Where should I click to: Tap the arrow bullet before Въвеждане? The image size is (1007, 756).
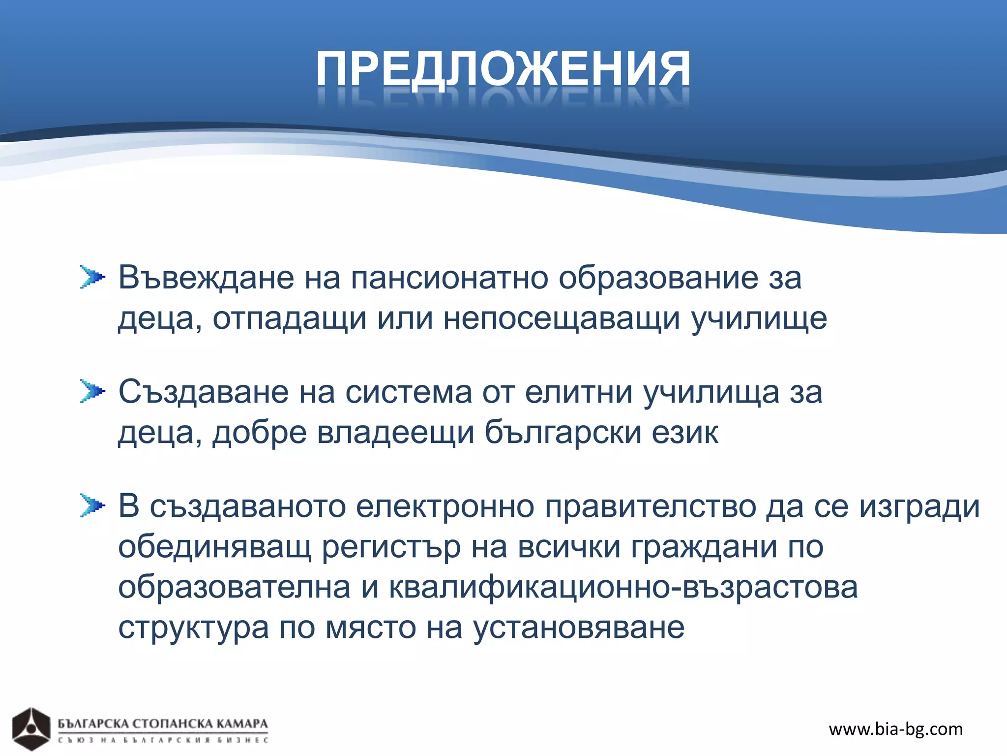[x=92, y=277]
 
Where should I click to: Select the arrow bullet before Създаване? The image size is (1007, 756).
[x=92, y=392]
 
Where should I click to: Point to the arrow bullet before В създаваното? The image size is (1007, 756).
[x=92, y=505]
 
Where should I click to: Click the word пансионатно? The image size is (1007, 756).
[x=449, y=278]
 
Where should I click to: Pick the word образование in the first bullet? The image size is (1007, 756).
[x=658, y=278]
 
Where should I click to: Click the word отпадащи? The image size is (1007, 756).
[x=290, y=319]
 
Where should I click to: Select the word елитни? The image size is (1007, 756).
[x=579, y=392]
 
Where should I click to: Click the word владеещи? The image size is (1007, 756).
[x=396, y=433]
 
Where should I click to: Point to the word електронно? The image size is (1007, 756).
[x=444, y=506]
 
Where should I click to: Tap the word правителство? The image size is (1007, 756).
[x=650, y=506]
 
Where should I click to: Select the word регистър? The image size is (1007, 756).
[x=391, y=547]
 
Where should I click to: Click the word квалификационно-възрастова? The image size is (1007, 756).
[x=623, y=588]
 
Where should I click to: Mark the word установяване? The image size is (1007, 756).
[x=579, y=629]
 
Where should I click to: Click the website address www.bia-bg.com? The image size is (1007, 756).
[x=895, y=729]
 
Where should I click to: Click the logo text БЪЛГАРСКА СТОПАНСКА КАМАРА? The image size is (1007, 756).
[x=163, y=724]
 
